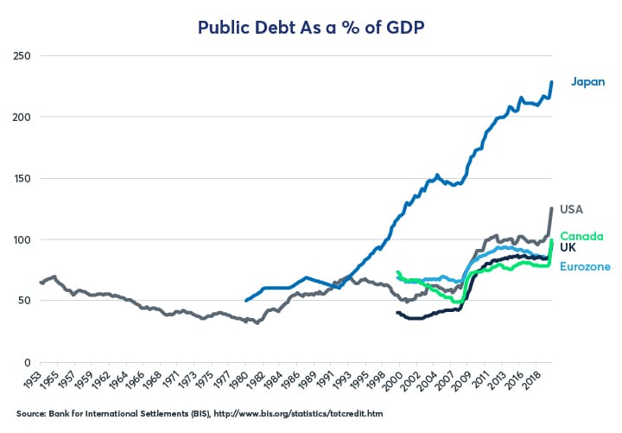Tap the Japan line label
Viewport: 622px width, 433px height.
pos(587,82)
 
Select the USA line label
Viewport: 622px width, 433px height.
pos(572,209)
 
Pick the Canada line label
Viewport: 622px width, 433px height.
pos(581,236)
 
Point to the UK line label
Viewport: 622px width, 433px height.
pos(568,247)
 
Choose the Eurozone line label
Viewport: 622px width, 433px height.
pos(585,266)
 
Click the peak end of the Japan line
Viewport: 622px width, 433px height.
pos(552,82)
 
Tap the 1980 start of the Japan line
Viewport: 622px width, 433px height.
pos(246,301)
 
